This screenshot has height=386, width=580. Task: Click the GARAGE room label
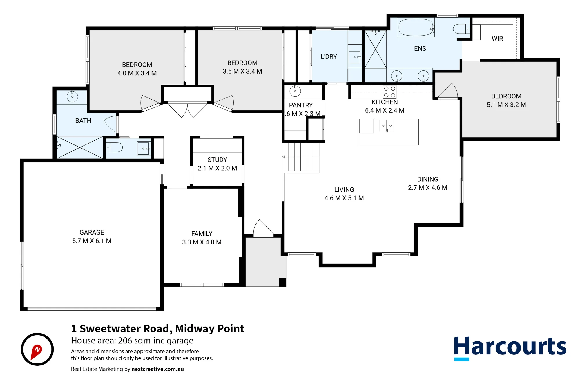pyautogui.click(x=92, y=233)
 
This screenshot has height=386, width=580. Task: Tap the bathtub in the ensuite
pyautogui.click(x=416, y=28)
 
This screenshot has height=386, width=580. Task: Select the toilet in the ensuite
pyautogui.click(x=461, y=29)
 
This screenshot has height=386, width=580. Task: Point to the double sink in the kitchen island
pyautogui.click(x=387, y=126)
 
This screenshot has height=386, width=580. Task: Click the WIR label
pyautogui.click(x=497, y=39)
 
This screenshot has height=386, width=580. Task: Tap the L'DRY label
pyautogui.click(x=329, y=57)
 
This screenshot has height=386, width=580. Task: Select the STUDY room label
pyautogui.click(x=217, y=160)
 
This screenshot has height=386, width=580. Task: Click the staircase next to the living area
pyautogui.click(x=301, y=158)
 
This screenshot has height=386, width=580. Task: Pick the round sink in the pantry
pyautogui.click(x=295, y=91)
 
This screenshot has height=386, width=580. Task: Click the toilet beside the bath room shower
pyautogui.click(x=114, y=147)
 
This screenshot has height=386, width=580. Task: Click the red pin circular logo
pyautogui.click(x=37, y=349)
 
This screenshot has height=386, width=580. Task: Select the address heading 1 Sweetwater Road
pyautogui.click(x=157, y=329)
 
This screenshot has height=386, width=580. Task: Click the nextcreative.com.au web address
pyautogui.click(x=157, y=369)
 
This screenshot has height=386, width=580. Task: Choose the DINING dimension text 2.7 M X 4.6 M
pyautogui.click(x=427, y=188)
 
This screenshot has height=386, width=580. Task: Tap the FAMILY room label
pyautogui.click(x=202, y=234)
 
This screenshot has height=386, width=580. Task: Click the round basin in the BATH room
pyautogui.click(x=72, y=96)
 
